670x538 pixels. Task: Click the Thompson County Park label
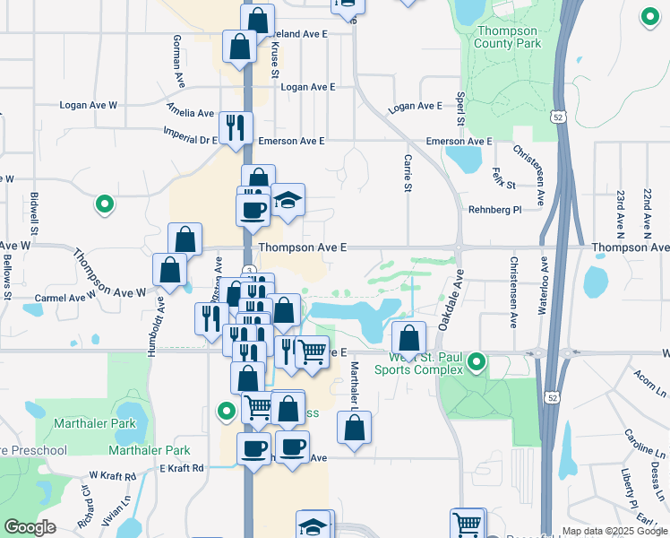tap(508, 37)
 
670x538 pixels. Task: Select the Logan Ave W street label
tap(89, 105)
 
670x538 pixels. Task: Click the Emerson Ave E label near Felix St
tap(459, 142)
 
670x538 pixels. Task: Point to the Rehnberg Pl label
tap(494, 210)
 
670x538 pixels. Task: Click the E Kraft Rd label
tap(182, 468)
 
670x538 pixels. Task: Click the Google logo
tap(30, 527)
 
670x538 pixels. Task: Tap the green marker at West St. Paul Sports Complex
tap(477, 363)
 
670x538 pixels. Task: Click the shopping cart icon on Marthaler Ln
tap(311, 351)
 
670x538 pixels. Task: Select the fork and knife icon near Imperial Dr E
tap(236, 126)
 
